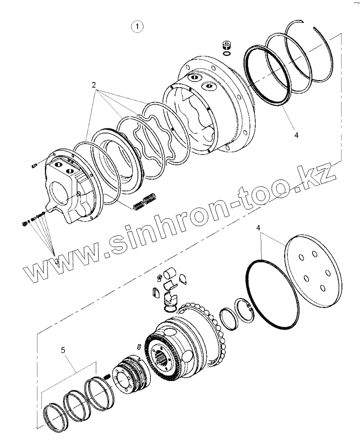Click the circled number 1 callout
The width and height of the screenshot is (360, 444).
(x=137, y=27)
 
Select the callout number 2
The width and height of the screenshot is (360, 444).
(x=94, y=85)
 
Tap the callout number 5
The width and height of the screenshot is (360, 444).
(x=63, y=350)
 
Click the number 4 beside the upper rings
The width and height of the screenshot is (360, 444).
(x=296, y=136)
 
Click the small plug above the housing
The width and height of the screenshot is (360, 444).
(x=226, y=45)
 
